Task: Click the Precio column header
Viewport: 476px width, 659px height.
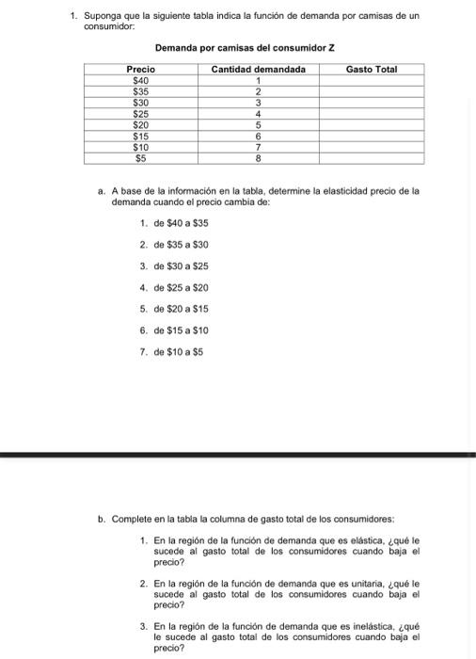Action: pyautogui.click(x=140, y=70)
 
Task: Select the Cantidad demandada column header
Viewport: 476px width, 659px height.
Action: pyautogui.click(x=258, y=70)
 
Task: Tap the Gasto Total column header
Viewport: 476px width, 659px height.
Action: pyautogui.click(x=372, y=70)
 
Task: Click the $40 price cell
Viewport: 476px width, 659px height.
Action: pyautogui.click(x=140, y=81)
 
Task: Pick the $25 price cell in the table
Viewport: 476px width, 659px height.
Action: pyautogui.click(x=140, y=113)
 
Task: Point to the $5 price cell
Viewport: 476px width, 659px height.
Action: pyautogui.click(x=140, y=158)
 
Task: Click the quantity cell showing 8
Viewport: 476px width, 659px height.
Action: pyautogui.click(x=258, y=158)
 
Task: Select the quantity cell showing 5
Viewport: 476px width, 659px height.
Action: pyautogui.click(x=258, y=124)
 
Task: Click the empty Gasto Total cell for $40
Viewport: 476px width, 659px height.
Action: pyautogui.click(x=372, y=81)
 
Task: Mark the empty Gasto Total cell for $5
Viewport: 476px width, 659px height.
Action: pyautogui.click(x=372, y=158)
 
